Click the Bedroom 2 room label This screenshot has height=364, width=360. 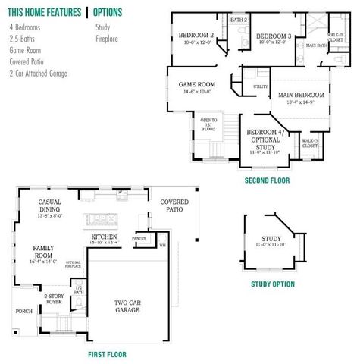[196, 35]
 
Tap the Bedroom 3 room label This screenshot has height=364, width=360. [274, 36]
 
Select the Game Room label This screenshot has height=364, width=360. [196, 84]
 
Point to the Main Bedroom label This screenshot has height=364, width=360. [301, 95]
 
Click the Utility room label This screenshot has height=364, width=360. [261, 86]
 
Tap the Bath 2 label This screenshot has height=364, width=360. [239, 19]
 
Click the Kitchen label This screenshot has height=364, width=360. [104, 237]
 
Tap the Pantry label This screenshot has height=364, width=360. [139, 238]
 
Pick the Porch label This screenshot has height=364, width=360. [24, 311]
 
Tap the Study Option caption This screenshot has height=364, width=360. [273, 284]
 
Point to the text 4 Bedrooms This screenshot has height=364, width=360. [25, 27]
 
